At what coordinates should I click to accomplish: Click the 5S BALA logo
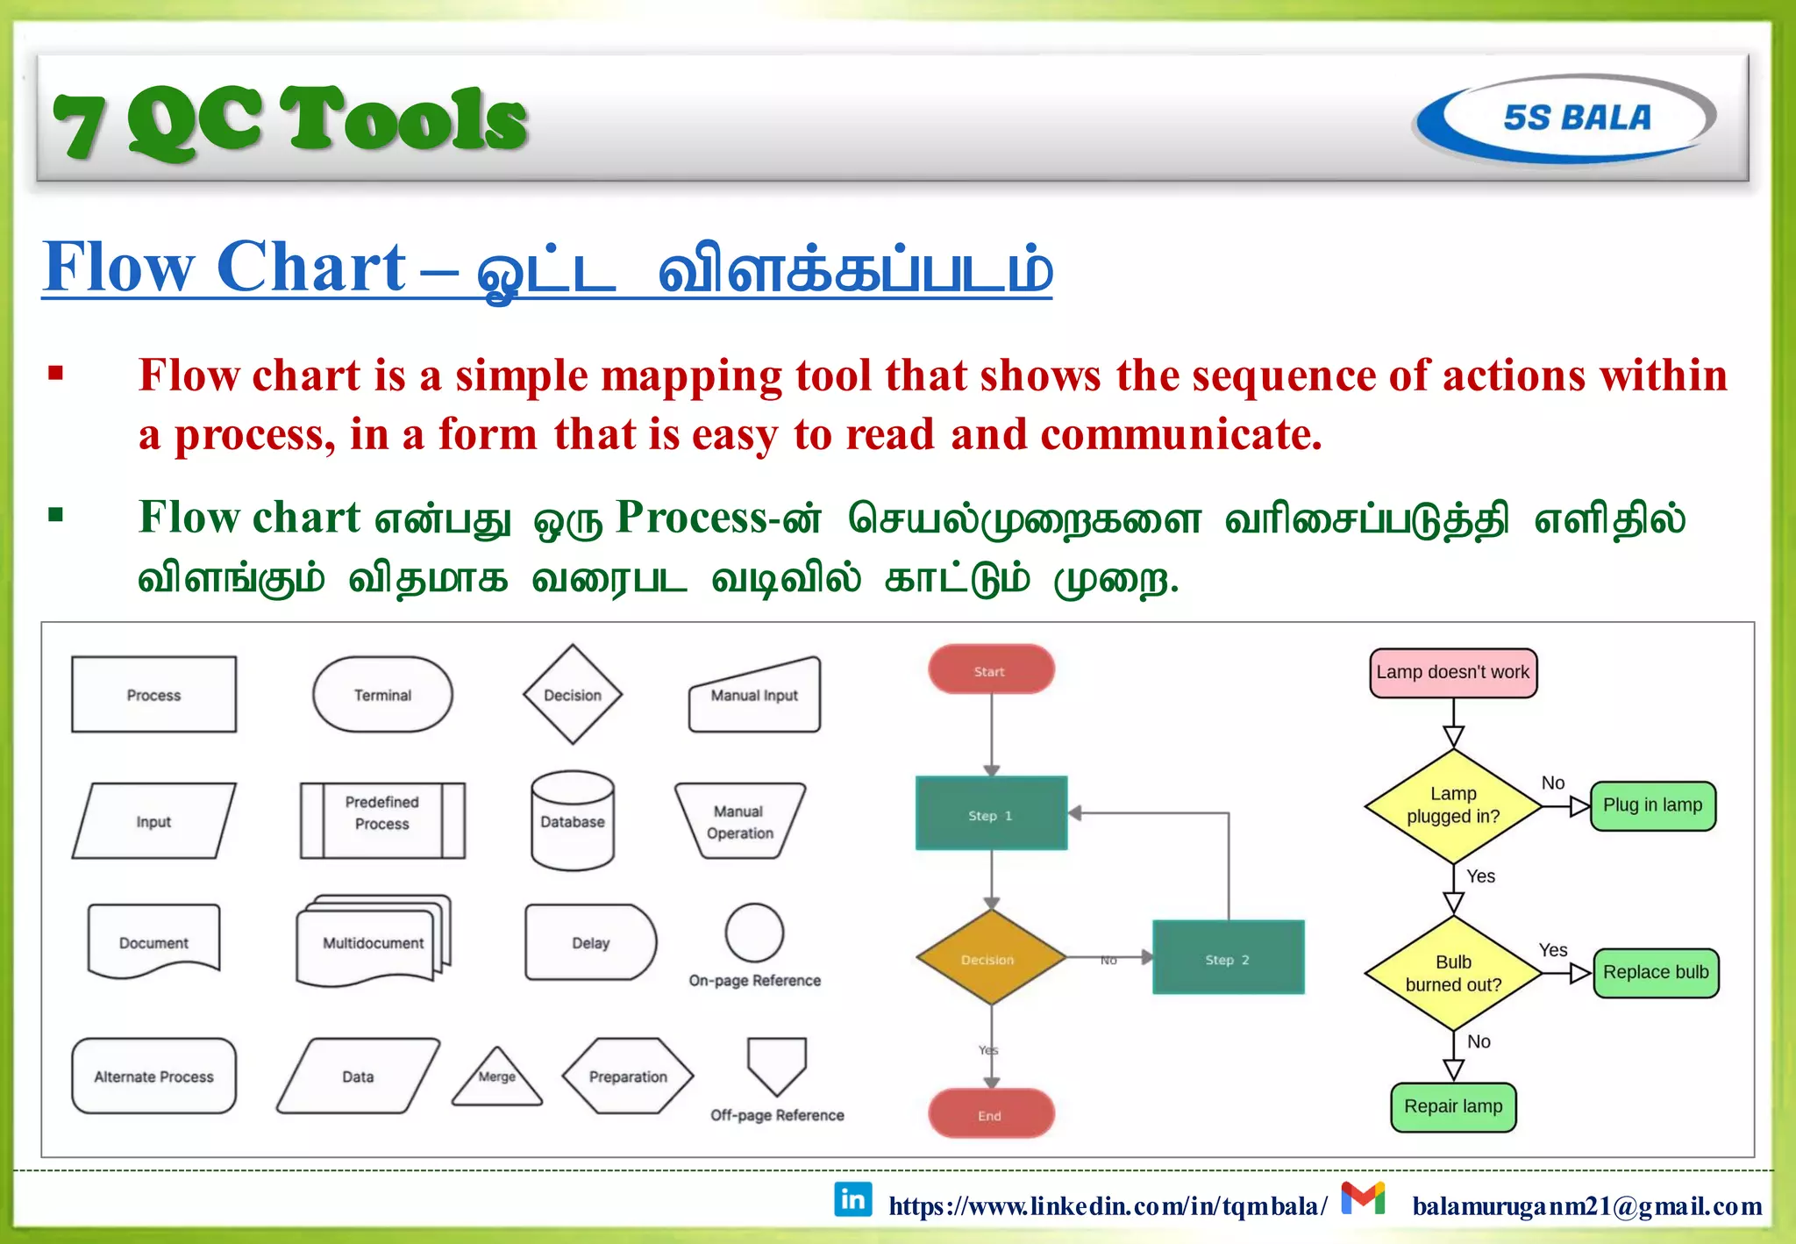[x=1565, y=118]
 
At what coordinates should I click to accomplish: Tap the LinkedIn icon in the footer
[x=852, y=1199]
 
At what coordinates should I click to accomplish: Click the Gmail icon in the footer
[x=1362, y=1198]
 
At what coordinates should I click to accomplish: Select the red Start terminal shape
[x=991, y=670]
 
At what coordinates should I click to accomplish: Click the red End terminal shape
[x=991, y=1114]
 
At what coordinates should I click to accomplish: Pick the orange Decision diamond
[x=990, y=958]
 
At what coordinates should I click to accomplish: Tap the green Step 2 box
[x=1228, y=958]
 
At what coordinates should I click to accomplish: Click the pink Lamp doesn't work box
[x=1452, y=673]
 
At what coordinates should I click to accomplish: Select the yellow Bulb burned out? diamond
[x=1453, y=973]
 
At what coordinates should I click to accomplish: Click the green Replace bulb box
[x=1655, y=973]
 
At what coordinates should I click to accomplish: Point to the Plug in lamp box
[x=1652, y=805]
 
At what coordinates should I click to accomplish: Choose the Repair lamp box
[x=1453, y=1107]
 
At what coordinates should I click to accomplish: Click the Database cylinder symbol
[x=573, y=821]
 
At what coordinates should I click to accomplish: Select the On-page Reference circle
[x=754, y=933]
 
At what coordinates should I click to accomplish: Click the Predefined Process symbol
[x=382, y=820]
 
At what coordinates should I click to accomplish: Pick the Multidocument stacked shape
[x=374, y=942]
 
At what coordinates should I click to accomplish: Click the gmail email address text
[x=1586, y=1206]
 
